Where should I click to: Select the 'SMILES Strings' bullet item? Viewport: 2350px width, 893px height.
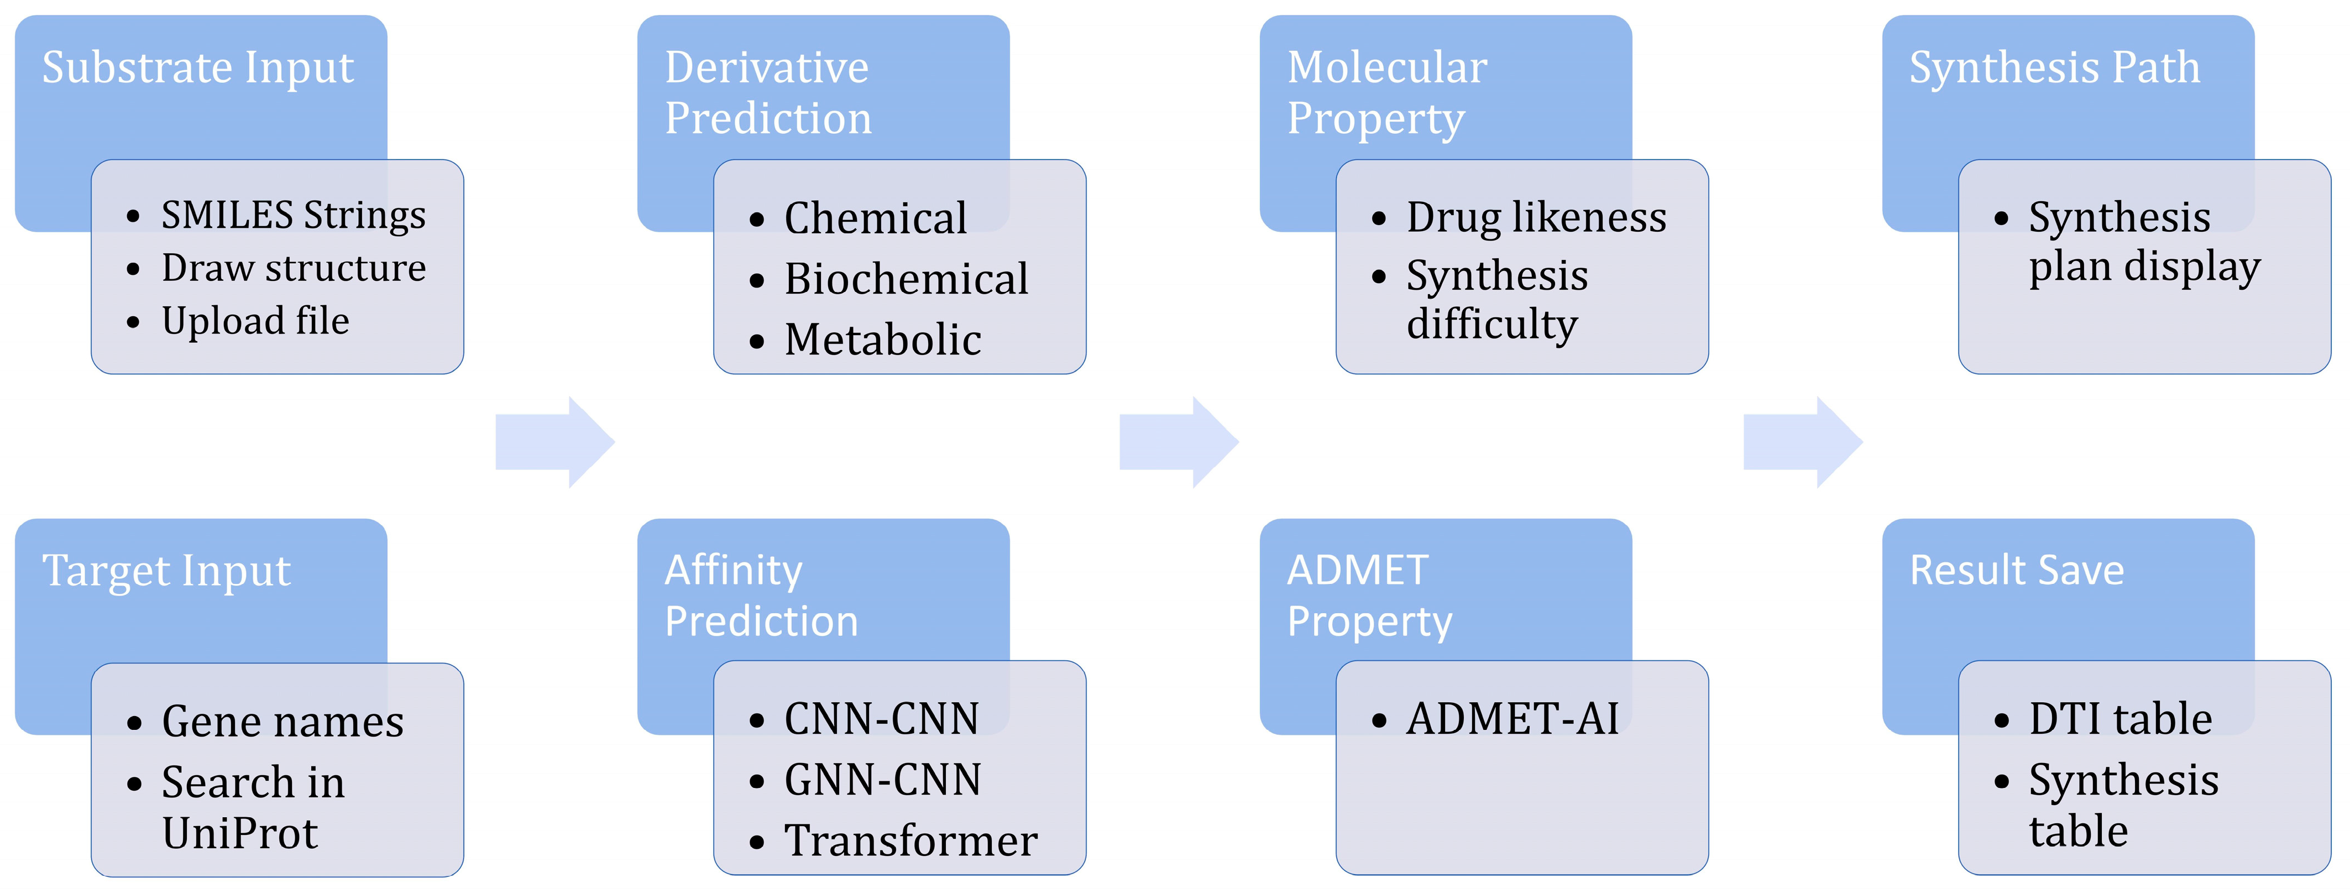pos(293,215)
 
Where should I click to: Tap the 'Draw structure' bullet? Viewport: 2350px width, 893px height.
pos(293,268)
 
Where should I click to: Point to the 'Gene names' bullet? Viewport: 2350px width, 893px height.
pos(282,722)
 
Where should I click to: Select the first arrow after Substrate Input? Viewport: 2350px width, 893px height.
pos(554,442)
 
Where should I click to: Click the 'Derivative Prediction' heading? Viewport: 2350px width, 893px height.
pos(767,93)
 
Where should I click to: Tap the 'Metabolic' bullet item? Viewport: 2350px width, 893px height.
pos(882,340)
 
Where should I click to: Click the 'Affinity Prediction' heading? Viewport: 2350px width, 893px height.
pos(761,596)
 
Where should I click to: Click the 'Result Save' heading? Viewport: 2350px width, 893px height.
pos(2016,571)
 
